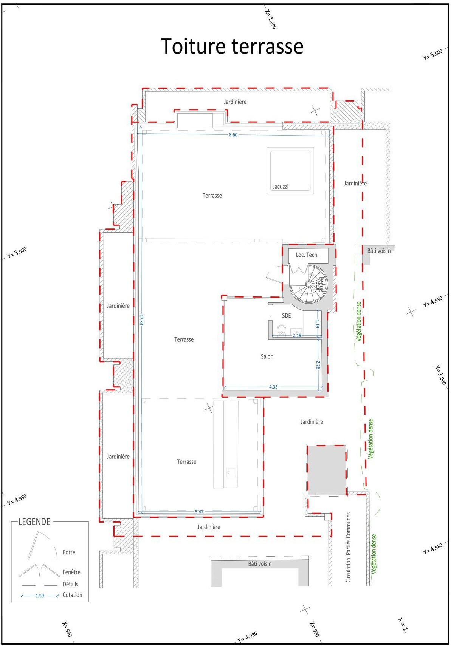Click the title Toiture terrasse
232,46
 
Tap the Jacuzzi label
281,187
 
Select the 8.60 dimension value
233,135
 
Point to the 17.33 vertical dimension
141,320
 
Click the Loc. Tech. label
307,255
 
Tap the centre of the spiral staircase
308,283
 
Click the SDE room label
287,315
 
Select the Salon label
267,356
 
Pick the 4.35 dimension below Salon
273,387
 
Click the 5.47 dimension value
199,512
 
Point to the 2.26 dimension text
318,365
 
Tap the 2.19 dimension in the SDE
297,335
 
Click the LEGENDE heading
34,522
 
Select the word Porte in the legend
69,552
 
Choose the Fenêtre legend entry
71,572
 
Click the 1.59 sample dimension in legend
40,596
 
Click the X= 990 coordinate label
315,629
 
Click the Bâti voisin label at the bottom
260,564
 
